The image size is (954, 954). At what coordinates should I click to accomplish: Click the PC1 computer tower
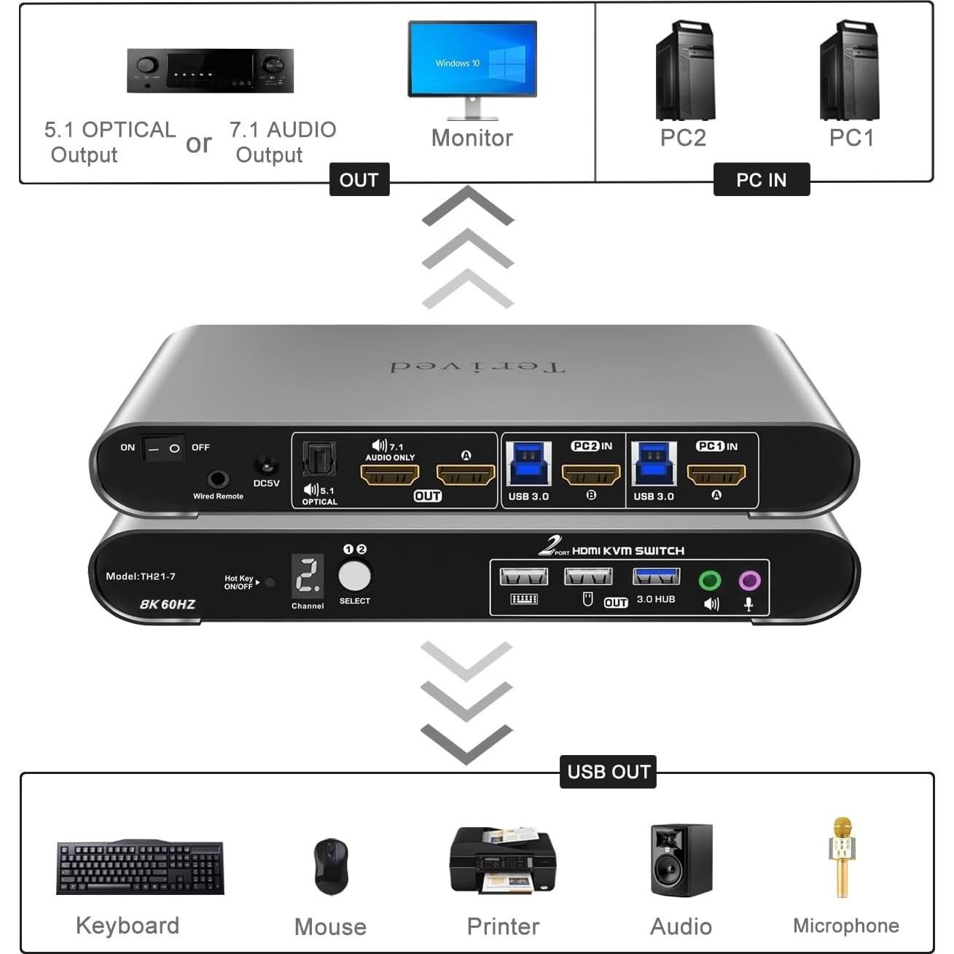(849, 71)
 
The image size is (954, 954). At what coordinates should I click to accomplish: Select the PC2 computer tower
(684, 71)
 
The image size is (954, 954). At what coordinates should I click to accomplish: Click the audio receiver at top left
(210, 71)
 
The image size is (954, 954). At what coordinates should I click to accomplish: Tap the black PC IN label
(762, 180)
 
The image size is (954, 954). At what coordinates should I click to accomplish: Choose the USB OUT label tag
(609, 772)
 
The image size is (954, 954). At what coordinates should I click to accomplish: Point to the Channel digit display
(308, 576)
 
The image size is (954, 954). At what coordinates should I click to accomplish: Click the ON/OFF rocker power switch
(163, 448)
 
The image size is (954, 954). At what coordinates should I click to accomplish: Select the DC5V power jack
(266, 465)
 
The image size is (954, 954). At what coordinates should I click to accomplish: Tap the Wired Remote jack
(217, 480)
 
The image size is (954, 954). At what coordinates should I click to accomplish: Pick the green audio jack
(710, 580)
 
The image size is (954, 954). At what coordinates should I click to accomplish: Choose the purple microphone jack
(749, 580)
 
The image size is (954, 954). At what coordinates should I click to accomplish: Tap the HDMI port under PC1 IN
(716, 475)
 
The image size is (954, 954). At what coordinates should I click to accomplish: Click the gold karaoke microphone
(842, 857)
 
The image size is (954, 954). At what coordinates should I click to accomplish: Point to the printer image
(503, 860)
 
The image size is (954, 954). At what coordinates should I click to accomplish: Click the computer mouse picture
(331, 865)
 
